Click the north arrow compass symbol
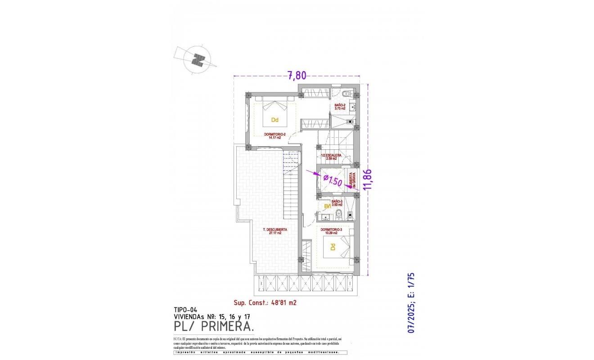coord(197,59)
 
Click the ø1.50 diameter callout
coord(333,180)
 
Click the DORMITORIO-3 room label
coord(332,231)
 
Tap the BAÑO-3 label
coord(337,202)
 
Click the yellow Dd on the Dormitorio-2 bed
coord(274,120)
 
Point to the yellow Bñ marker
coord(328,207)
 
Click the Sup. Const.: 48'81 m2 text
coord(265,303)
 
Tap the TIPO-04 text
coord(185,310)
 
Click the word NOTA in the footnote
coord(178,338)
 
